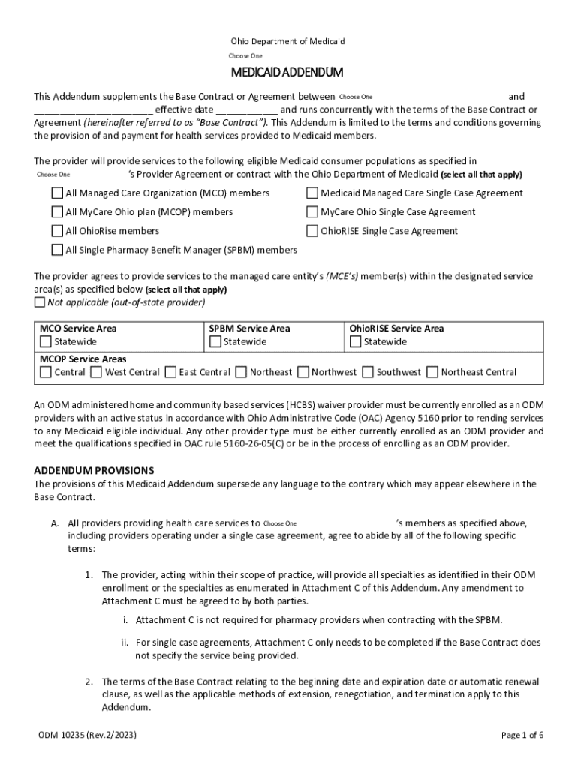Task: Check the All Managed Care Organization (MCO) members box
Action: point(57,193)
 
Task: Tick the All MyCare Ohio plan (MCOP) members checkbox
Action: point(57,212)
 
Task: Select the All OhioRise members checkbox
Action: point(57,231)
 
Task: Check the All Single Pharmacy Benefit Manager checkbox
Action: point(57,250)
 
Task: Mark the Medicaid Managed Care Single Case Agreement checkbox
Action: point(312,193)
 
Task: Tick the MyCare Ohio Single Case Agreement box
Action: point(312,212)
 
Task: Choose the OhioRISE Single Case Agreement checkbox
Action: point(312,231)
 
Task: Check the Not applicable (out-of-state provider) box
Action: point(40,302)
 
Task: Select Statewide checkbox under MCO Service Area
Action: point(46,342)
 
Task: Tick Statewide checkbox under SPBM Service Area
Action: point(215,342)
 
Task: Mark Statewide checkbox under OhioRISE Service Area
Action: point(356,342)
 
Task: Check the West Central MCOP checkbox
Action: point(96,372)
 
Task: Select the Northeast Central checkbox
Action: point(432,372)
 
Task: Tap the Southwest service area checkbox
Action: point(368,372)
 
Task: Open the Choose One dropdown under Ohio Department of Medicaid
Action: point(246,56)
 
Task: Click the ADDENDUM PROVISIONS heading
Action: point(94,470)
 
